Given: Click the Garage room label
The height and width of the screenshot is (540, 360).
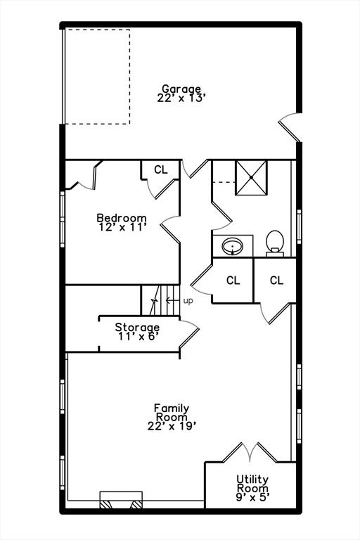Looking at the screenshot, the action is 181,89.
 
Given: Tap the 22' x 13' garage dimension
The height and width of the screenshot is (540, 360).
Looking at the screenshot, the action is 181,98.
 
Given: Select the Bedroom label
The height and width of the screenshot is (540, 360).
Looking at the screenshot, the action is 122,218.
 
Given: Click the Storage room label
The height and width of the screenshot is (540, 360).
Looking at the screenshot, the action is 137,327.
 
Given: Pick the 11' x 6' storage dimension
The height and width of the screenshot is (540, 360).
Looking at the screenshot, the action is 138,336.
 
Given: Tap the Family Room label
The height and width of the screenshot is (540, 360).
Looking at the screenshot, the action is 172,413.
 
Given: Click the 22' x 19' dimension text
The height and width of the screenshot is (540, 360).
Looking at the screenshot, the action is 172,426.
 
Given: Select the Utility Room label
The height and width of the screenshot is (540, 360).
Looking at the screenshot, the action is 252,484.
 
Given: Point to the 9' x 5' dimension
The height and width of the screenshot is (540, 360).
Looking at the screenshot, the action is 252,497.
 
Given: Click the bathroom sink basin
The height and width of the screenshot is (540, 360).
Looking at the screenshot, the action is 233,247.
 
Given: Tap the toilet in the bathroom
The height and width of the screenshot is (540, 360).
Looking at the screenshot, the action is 275,243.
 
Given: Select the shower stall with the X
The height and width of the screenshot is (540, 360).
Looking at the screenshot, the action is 251,178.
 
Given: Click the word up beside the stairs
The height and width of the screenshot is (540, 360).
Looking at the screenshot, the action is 188,301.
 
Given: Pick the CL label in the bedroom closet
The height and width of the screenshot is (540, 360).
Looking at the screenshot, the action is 161,169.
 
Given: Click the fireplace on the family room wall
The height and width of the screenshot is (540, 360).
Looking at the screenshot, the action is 121,500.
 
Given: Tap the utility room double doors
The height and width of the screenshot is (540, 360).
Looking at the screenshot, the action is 250,453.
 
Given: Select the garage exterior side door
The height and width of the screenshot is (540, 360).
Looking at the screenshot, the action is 290,127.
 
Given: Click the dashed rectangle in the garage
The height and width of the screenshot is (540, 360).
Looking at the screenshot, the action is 98,77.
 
